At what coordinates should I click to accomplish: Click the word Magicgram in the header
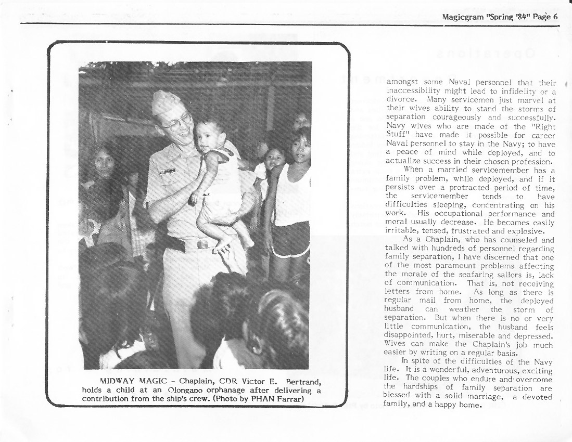[463, 16]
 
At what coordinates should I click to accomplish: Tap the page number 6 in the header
[555, 16]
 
